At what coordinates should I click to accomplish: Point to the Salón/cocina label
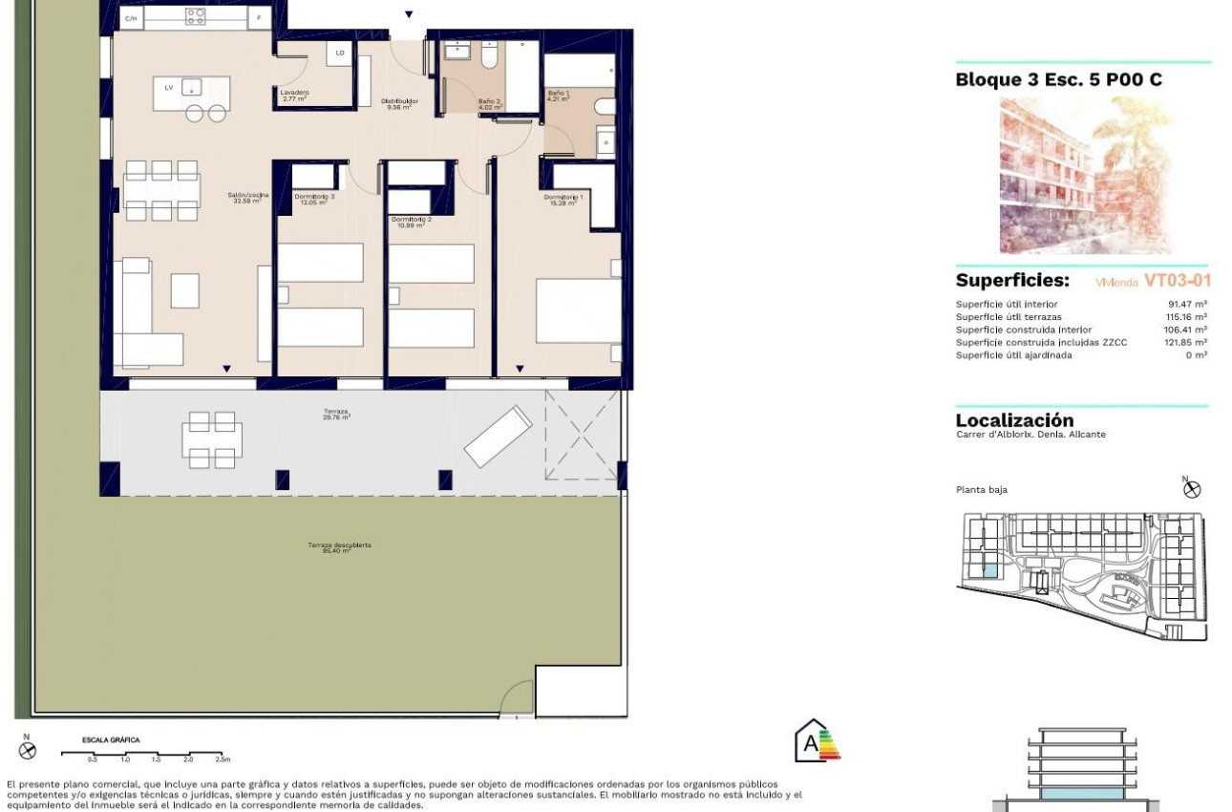[x=248, y=198]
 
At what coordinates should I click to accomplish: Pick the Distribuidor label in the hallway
[x=399, y=103]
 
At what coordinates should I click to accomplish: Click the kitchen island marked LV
[x=191, y=89]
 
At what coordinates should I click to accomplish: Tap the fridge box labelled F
[x=258, y=17]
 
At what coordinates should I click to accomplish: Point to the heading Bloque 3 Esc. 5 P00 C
[x=1058, y=80]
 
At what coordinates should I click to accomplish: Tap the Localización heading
[x=1014, y=420]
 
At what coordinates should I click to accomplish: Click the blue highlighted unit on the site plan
[x=990, y=570]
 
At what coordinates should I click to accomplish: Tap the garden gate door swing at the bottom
[x=517, y=697]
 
